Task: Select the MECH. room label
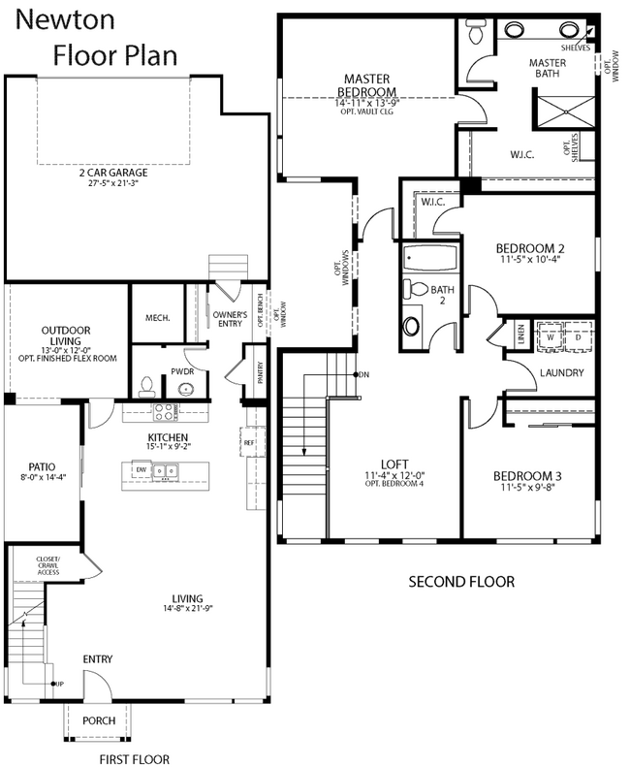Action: tap(157, 317)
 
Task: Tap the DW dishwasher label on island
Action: tap(142, 469)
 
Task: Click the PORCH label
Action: tap(99, 720)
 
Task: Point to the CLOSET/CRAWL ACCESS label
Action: tap(48, 566)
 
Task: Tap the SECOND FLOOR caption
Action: tap(459, 582)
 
